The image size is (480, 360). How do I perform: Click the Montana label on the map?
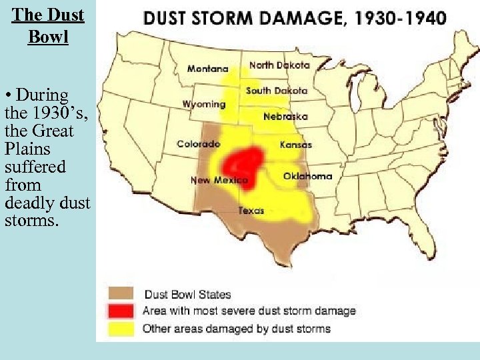coord(207,69)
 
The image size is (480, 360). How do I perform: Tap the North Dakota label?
coord(279,65)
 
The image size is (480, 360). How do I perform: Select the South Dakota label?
coord(276,91)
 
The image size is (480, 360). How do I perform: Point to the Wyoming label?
coord(204,104)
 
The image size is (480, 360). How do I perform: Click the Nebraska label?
coord(285,117)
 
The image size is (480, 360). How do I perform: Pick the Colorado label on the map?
coord(198,144)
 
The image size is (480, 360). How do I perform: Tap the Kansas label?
coord(296,145)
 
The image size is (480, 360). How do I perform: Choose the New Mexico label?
coord(219,180)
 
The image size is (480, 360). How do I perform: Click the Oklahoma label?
coord(307,176)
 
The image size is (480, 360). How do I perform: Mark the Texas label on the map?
coord(251,211)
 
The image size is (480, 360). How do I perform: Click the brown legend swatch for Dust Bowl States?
coord(121,294)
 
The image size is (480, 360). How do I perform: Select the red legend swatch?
coord(121,311)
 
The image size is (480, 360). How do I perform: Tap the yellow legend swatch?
coord(121,328)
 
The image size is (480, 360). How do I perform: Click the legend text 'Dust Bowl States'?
coord(187,294)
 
